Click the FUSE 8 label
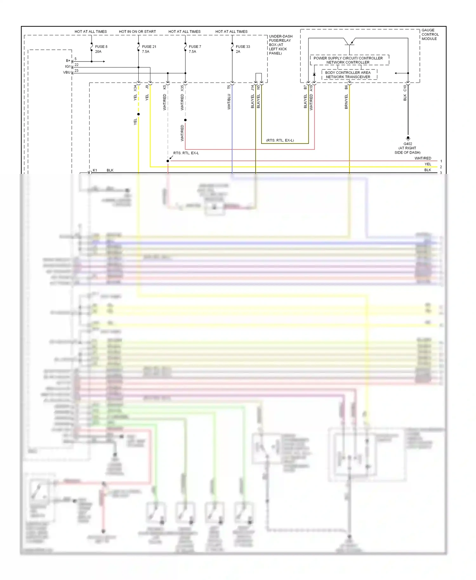[x=101, y=47]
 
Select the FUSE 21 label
[x=149, y=47]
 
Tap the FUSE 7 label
[x=195, y=47]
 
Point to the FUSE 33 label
[x=243, y=47]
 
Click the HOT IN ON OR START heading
[x=137, y=32]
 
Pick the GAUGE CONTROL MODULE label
[x=430, y=35]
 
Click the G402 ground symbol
[x=408, y=138]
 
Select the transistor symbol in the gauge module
[x=349, y=42]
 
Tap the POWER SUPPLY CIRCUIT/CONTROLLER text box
[x=348, y=60]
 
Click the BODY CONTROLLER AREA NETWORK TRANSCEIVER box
[x=348, y=75]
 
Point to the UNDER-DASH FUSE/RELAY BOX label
[x=280, y=45]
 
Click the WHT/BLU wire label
[x=229, y=102]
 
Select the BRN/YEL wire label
[x=346, y=102]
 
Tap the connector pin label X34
[x=135, y=88]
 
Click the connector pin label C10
[x=405, y=88]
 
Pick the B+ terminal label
[x=68, y=61]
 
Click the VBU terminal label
[x=67, y=72]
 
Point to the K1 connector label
[x=95, y=170]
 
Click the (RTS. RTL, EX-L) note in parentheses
[x=280, y=140]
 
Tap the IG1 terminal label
[x=68, y=67]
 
